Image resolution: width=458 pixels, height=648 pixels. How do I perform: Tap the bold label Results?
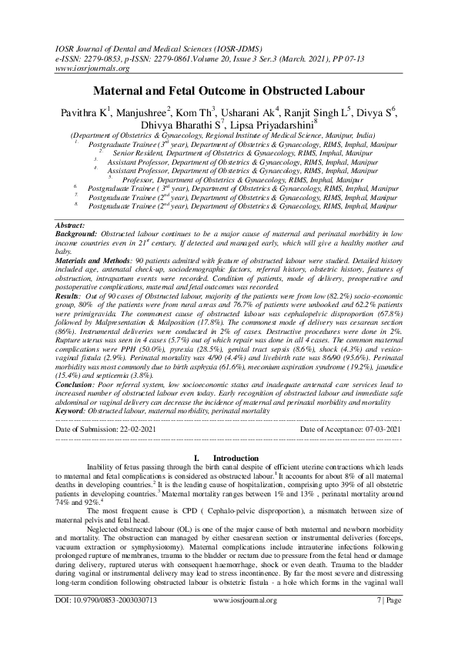pos(70,296)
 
